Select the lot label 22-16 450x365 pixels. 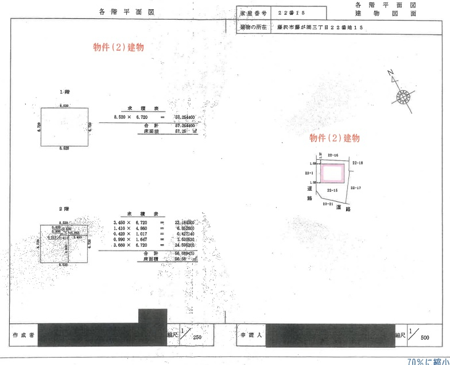[x=333, y=155]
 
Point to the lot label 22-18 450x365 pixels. [x=357, y=163]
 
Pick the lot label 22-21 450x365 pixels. [x=328, y=203]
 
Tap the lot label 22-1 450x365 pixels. [x=309, y=172]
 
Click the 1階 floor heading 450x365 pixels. [x=64, y=92]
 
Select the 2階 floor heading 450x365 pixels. [x=64, y=208]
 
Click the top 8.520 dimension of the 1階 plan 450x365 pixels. [x=64, y=106]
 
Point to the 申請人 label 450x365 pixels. [x=251, y=335]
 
